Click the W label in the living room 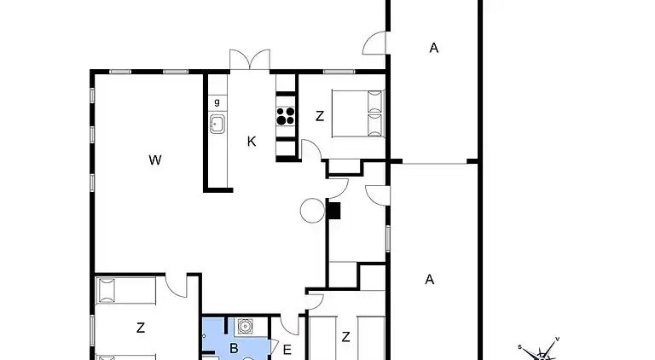[154, 159]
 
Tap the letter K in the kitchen [252, 142]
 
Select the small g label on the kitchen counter [217, 102]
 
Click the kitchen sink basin [217, 125]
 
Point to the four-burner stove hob [286, 115]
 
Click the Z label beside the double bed [320, 117]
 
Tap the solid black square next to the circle [334, 211]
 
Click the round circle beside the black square [311, 211]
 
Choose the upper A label [433, 49]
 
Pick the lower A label [430, 279]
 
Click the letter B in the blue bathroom [234, 348]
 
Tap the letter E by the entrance [287, 349]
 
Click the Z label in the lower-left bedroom [140, 327]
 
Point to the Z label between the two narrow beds [345, 338]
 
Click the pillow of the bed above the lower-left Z [107, 291]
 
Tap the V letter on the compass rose [557, 340]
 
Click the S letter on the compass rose [519, 347]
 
